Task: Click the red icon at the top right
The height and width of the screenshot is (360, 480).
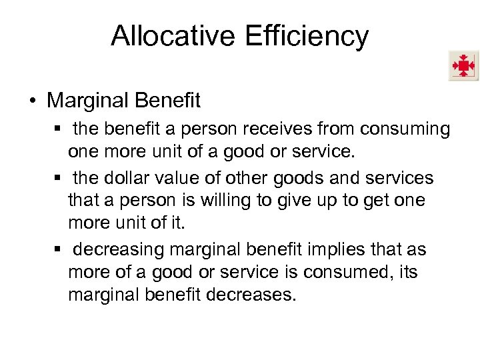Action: [x=463, y=66]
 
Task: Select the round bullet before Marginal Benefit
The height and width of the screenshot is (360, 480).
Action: [x=31, y=101]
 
